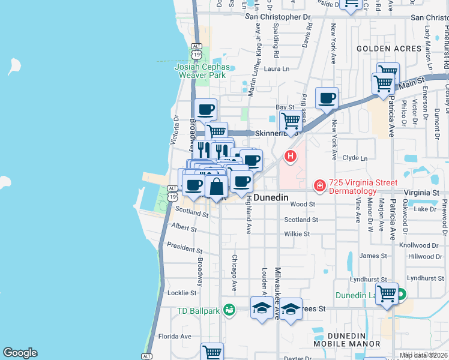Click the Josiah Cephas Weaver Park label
click(x=200, y=71)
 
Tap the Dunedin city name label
click(x=271, y=197)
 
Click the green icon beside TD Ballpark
click(x=229, y=310)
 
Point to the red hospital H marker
click(x=291, y=157)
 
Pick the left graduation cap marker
click(x=261, y=308)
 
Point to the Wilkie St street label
click(x=297, y=234)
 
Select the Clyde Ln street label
click(x=355, y=158)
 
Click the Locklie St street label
click(x=182, y=293)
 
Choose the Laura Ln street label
click(x=277, y=69)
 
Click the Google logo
click(x=20, y=353)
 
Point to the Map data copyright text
click(x=423, y=355)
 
